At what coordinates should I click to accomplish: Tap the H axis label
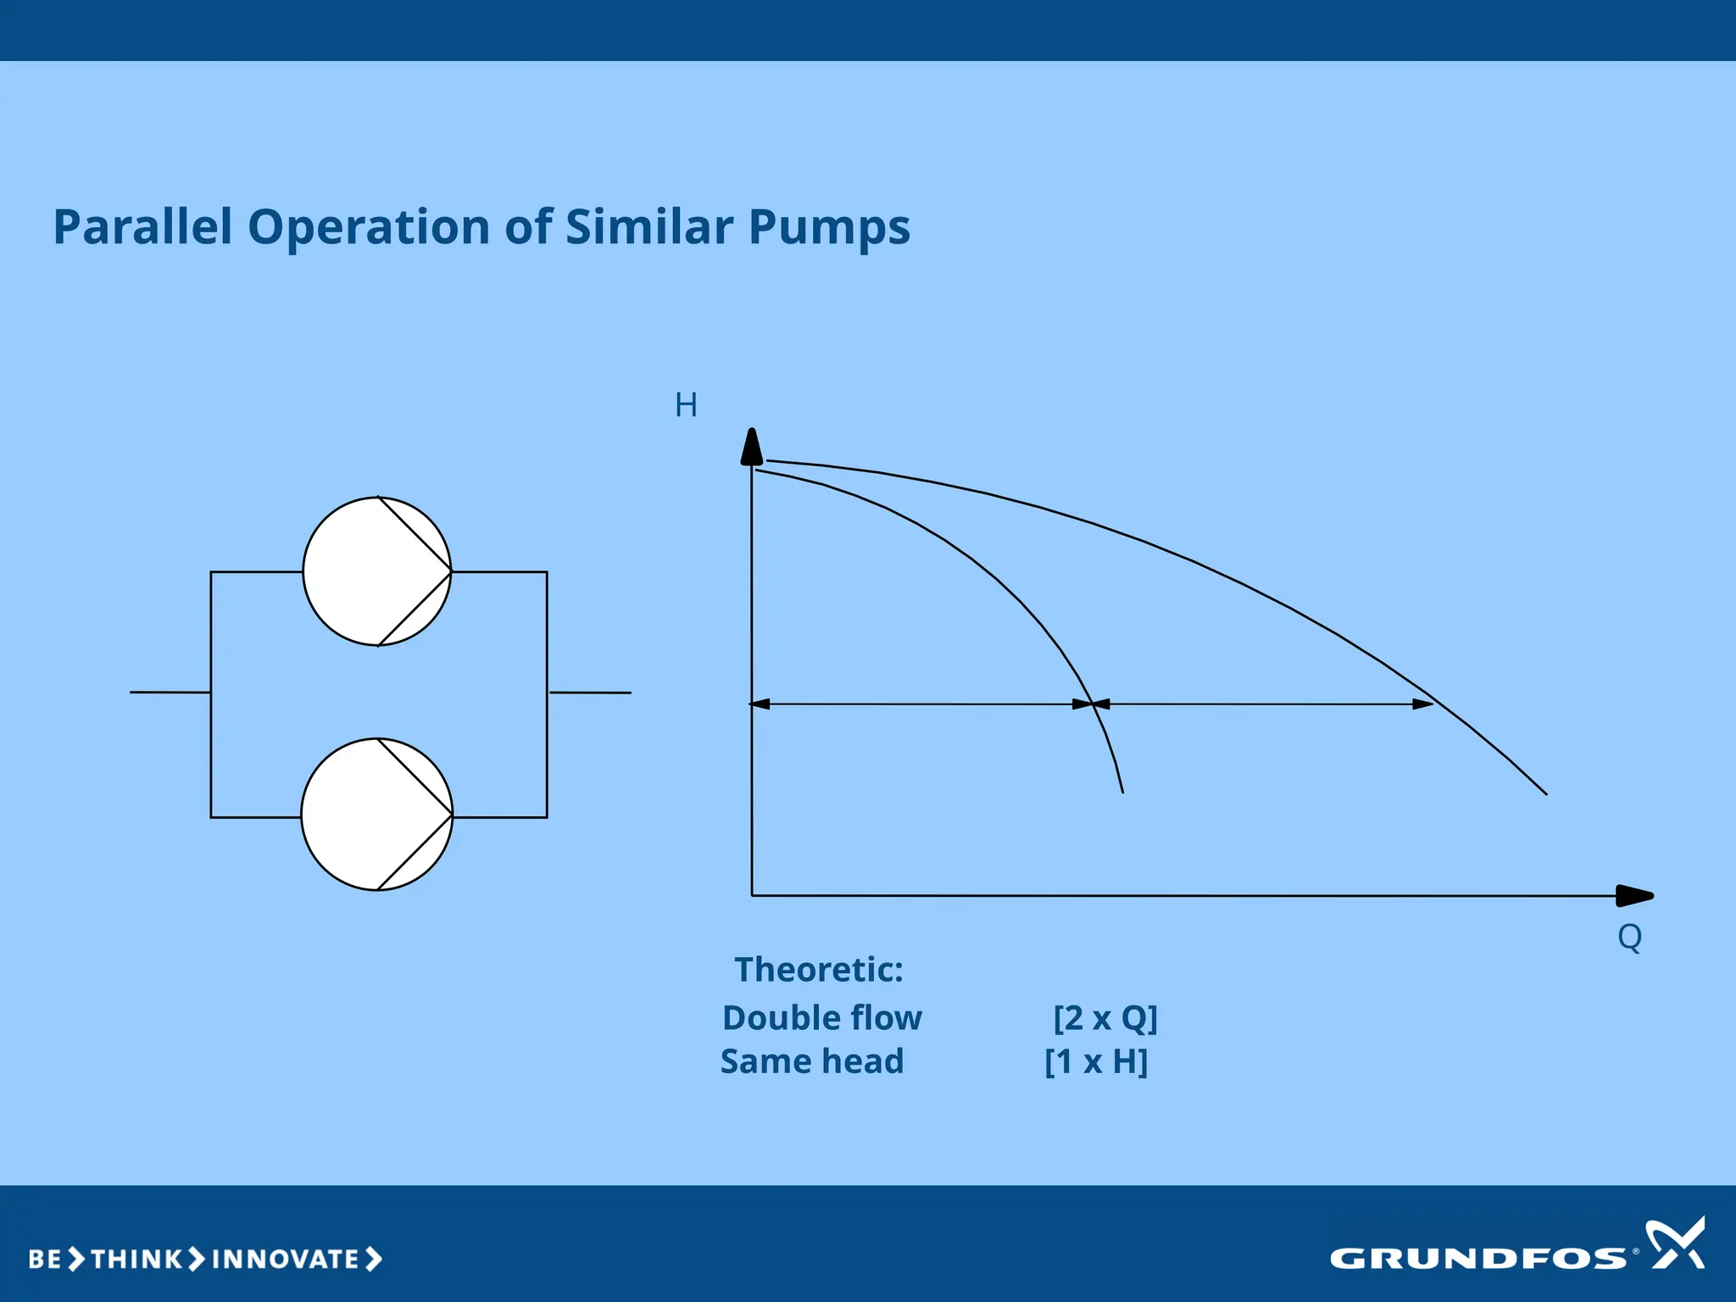pos(686,405)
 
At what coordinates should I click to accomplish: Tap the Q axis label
pos(1629,937)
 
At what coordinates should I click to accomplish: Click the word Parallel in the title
pos(142,227)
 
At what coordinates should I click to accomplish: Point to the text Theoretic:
pos(819,970)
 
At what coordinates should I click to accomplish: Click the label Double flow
pos(821,1017)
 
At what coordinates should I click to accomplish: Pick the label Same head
pos(812,1061)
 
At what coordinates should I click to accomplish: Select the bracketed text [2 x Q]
pos(1105,1017)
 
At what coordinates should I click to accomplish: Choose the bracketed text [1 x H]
pos(1096,1061)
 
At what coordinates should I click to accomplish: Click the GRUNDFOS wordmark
pos(1477,1259)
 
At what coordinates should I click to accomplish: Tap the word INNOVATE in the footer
pos(286,1259)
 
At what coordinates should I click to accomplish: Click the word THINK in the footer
pos(136,1259)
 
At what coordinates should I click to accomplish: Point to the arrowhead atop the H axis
pos(752,447)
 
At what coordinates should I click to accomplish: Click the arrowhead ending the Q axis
pos(1634,895)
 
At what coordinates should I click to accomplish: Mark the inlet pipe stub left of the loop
pos(170,693)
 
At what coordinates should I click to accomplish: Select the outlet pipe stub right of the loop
pos(590,693)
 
